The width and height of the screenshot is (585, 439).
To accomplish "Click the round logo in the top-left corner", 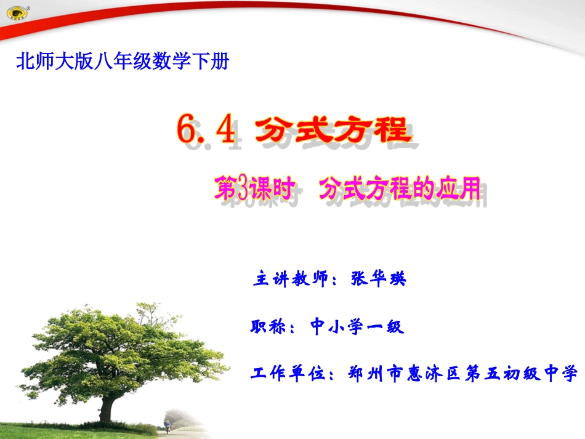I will (x=14, y=12).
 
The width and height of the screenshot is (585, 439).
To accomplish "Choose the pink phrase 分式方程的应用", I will (x=399, y=189).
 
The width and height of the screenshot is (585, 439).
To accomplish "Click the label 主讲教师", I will (x=289, y=278).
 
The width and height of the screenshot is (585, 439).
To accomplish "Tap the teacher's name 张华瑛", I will (x=378, y=278).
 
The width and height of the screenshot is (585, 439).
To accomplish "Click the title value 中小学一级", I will (x=357, y=326).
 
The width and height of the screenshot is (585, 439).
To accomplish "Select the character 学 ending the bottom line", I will (x=570, y=373).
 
